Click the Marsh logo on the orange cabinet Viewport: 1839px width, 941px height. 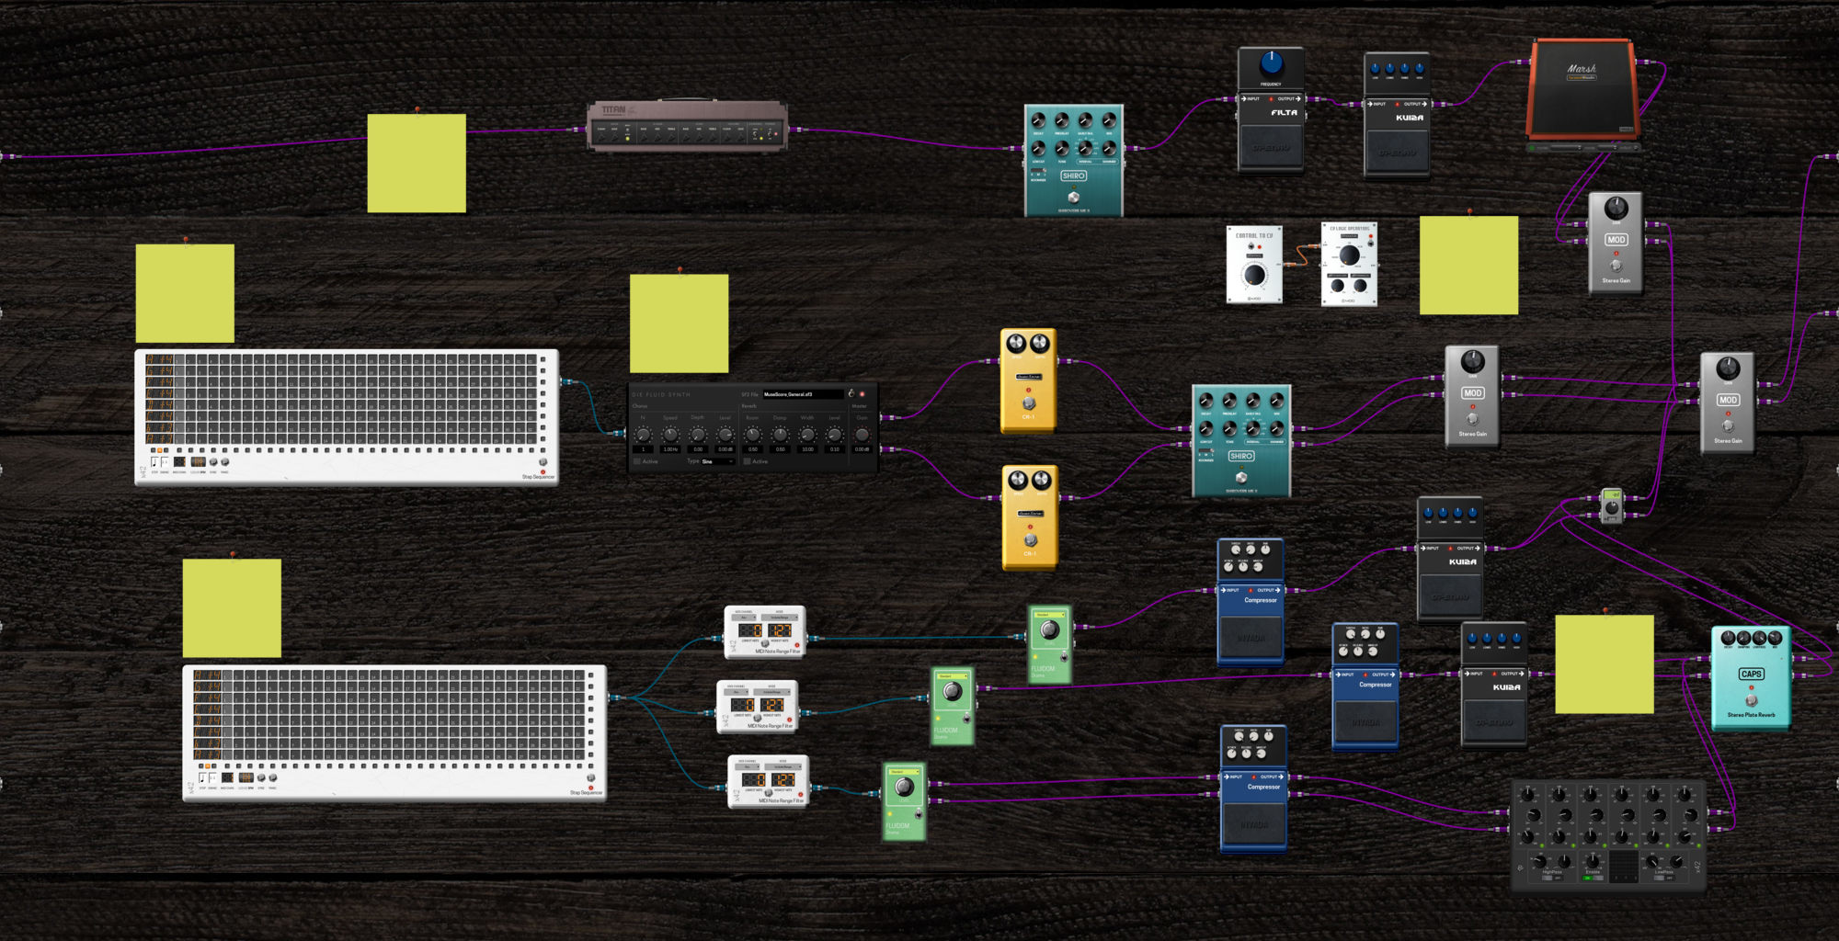[1582, 69]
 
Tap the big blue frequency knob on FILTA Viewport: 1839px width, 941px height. [1271, 63]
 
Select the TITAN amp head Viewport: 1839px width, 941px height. [687, 126]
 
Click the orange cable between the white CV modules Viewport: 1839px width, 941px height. [1302, 255]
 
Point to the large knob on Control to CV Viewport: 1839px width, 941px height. [1253, 275]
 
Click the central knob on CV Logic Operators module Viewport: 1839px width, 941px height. [1349, 255]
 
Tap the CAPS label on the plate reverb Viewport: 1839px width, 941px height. [1751, 674]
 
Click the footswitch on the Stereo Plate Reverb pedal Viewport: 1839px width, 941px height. [1751, 700]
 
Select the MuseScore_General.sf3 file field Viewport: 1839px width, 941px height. [802, 394]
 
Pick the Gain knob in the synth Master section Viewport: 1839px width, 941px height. [862, 435]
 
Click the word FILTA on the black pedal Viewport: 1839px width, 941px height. [1284, 113]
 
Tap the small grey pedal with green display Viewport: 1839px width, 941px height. [1612, 505]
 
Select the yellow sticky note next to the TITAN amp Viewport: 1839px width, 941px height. [417, 164]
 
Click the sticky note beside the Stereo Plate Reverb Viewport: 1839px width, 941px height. [1604, 664]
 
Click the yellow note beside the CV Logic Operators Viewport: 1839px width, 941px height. [1468, 266]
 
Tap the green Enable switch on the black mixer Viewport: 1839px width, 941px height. [1593, 878]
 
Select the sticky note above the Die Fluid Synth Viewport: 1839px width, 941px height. [679, 323]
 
